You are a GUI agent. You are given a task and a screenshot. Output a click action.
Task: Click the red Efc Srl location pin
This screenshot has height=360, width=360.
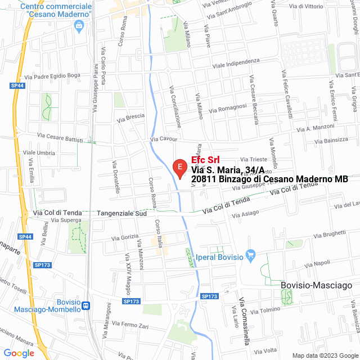pos(179,168)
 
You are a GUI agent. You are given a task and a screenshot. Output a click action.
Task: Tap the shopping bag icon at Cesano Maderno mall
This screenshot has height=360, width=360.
pos(79,25)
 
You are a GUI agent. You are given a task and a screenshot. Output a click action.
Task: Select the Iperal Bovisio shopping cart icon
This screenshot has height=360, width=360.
pos(251,256)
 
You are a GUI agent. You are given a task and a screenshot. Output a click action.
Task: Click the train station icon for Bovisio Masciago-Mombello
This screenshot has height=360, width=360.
pos(86,306)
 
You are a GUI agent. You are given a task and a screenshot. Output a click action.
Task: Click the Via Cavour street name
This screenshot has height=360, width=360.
pos(164,139)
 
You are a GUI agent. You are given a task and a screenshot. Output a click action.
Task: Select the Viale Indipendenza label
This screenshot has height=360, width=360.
pos(236,64)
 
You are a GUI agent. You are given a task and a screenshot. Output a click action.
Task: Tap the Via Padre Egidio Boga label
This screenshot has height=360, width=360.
pos(53,75)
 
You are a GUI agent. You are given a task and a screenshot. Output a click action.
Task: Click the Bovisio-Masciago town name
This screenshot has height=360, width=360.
pos(316,285)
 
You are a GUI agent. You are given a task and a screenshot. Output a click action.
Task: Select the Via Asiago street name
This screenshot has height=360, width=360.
pos(245,214)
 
